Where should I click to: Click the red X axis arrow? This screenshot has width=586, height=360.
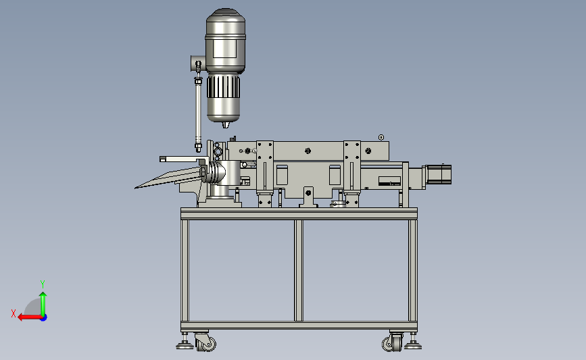click(x=30, y=317)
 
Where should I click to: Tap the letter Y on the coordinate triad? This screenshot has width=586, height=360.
click(x=43, y=284)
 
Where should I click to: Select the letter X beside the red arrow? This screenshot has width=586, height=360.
click(x=14, y=313)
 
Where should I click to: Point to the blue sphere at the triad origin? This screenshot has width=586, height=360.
click(x=44, y=317)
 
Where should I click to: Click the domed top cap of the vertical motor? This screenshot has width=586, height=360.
click(x=225, y=17)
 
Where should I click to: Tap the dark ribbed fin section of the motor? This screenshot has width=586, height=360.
click(x=224, y=87)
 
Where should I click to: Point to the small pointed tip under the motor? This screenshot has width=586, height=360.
click(x=225, y=125)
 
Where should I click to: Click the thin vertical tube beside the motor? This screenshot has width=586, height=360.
click(x=198, y=113)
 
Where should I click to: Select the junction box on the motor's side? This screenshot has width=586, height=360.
click(x=198, y=63)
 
